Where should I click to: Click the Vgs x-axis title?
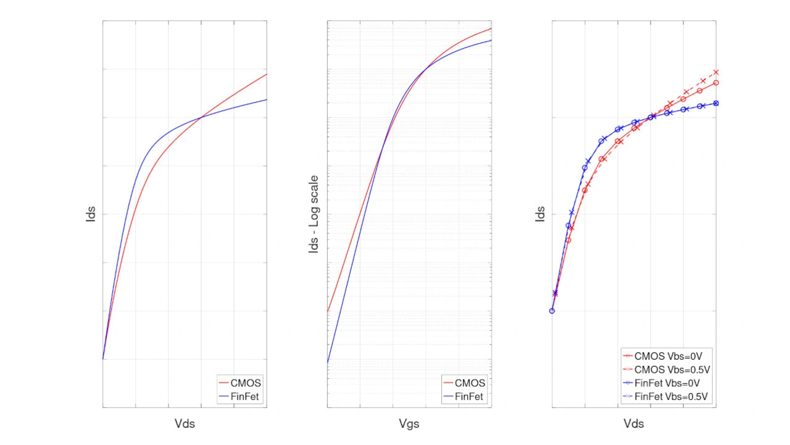(x=409, y=424)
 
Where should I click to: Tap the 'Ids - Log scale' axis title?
(x=314, y=214)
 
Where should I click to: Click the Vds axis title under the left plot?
(x=185, y=424)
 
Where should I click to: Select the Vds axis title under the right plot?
(x=634, y=424)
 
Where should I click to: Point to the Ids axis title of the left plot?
(x=91, y=214)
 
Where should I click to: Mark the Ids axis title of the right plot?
(x=540, y=214)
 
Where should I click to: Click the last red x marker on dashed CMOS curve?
(x=716, y=72)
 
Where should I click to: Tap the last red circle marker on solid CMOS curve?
(x=716, y=83)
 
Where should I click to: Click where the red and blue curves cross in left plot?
(x=201, y=117)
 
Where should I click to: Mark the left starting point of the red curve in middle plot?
(x=328, y=312)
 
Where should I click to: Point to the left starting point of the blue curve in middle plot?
(x=328, y=362)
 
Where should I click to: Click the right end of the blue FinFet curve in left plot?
(x=266, y=100)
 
